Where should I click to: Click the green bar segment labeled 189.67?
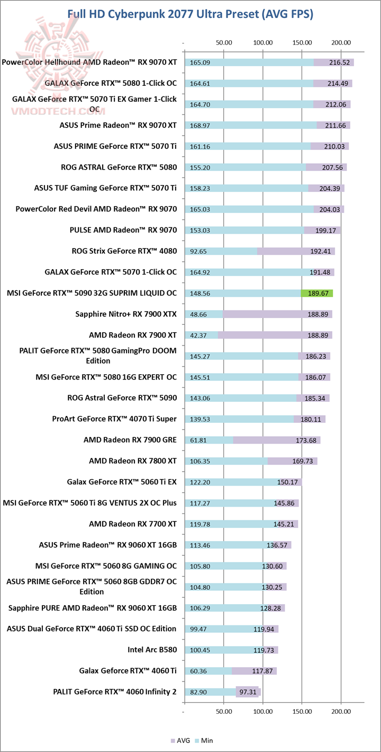point(316,293)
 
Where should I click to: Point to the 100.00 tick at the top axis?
point(263,42)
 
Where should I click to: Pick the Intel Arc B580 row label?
point(152,650)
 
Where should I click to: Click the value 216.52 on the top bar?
point(339,63)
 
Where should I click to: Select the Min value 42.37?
point(199,335)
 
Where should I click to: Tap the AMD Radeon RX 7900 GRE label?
point(130,440)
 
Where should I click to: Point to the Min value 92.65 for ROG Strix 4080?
point(199,252)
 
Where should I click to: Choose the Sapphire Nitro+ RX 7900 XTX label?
point(126,314)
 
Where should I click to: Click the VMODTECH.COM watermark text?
point(53,111)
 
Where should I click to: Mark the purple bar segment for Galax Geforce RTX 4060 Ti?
point(254,671)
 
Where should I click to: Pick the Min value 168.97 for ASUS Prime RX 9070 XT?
point(199,126)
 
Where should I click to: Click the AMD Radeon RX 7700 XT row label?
point(133,524)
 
